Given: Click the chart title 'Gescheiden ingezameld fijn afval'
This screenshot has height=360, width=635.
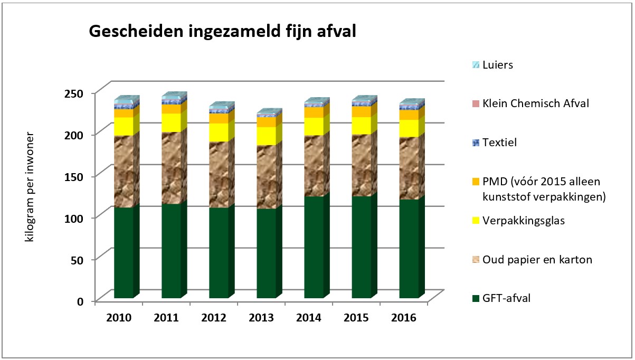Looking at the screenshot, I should click(x=222, y=32).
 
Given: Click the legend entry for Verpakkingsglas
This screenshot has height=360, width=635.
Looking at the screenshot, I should click(x=523, y=221).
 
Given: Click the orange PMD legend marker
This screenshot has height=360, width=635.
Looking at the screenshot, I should click(x=476, y=182).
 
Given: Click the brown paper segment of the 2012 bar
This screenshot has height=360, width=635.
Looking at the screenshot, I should click(x=218, y=174).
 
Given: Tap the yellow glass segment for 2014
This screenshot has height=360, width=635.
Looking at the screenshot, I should click(x=313, y=126).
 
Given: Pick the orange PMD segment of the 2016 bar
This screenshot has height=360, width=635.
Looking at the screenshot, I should click(x=408, y=115).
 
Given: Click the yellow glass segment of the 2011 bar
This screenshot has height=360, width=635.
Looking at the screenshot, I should click(x=170, y=122).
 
